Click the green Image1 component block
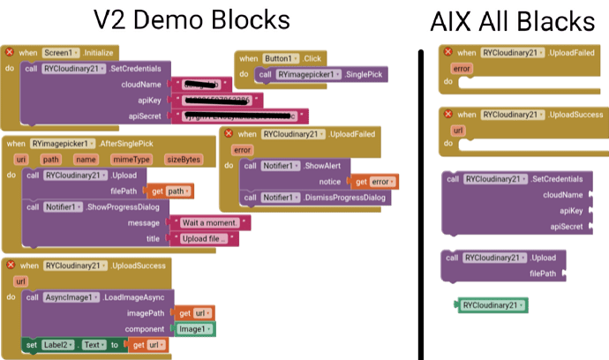pos(194,328)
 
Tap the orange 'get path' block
pos(168,191)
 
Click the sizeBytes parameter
pos(184,159)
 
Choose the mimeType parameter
pos(131,159)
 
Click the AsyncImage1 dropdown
pos(70,297)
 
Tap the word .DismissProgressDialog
pos(340,197)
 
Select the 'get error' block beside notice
pos(374,181)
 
